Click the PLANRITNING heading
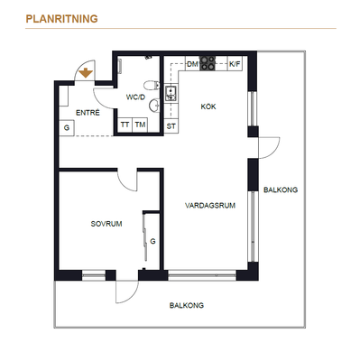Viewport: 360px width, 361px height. point(61,19)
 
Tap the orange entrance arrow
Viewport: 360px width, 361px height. point(86,73)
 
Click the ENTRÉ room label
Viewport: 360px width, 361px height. point(88,113)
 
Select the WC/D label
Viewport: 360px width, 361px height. point(135,97)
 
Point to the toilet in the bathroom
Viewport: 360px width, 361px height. point(152,86)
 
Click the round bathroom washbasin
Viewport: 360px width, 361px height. point(154,106)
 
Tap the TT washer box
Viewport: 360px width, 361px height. point(125,125)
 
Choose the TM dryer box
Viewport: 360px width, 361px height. point(140,125)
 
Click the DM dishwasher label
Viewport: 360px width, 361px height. point(192,64)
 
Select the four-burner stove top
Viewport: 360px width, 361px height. point(208,63)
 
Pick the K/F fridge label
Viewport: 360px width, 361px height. point(235,64)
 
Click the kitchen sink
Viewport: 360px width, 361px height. point(171,93)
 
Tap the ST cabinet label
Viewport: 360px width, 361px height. point(171,126)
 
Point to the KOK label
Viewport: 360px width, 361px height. point(208,106)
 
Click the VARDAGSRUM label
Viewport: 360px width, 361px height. point(210,206)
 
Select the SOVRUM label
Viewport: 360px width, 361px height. point(106,224)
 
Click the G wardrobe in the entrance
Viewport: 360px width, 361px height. point(67,127)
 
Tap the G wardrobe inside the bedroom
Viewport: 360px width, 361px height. point(152,241)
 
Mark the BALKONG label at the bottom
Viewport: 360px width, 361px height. point(187,305)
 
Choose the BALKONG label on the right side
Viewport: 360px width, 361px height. point(281,190)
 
